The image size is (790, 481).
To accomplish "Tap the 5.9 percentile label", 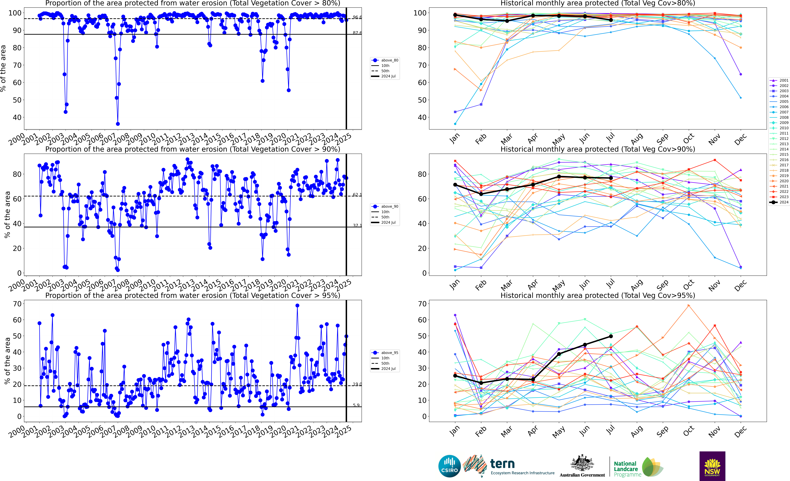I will click(356, 405).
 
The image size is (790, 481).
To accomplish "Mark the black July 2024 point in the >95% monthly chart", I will click(611, 336).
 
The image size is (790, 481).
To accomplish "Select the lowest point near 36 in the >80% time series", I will click(118, 124).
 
